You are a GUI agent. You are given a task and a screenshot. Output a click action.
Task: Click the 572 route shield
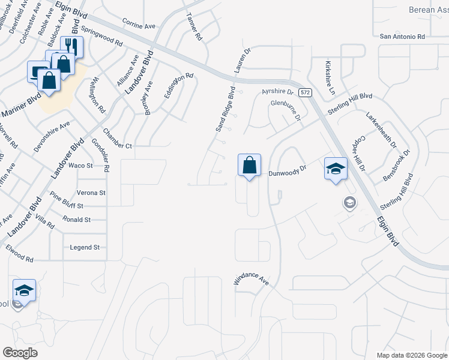coord(306,92)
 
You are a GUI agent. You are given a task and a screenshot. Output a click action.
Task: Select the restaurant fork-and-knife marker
coord(71,47)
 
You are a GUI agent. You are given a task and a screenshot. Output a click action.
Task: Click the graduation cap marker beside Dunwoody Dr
coord(336,169)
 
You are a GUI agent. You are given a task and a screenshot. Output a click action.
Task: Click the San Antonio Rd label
coord(402,37)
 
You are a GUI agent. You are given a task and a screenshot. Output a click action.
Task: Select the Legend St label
coord(85,247)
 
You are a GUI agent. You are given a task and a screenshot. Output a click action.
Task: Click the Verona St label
coord(91,193)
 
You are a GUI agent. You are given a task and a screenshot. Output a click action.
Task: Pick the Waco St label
coord(80,166)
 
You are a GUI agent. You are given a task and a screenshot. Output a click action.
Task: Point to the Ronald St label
coord(76,220)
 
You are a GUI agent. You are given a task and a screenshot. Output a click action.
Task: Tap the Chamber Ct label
coord(117,139)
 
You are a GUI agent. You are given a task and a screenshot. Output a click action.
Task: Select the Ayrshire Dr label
coord(277,92)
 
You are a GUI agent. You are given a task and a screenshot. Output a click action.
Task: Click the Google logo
coord(20,353)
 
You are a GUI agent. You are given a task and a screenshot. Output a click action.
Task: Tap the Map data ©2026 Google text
coord(412,355)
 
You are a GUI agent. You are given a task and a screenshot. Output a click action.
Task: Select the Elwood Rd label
coord(20,254)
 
